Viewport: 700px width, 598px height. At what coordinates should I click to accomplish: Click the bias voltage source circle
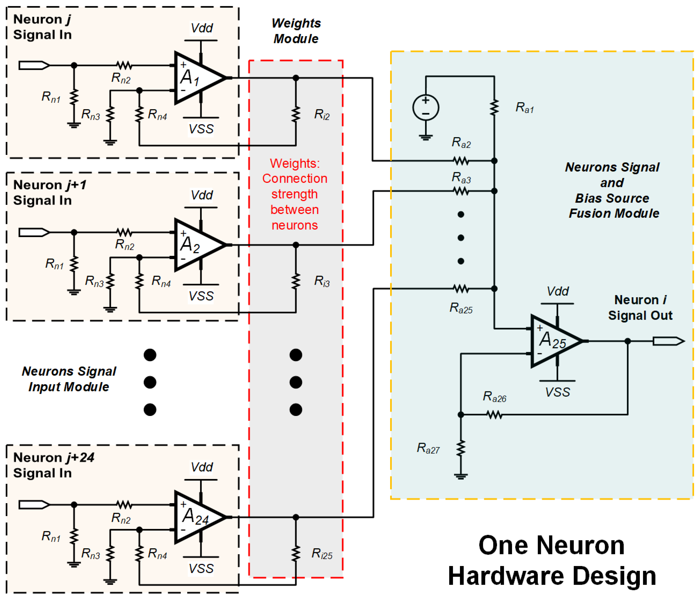coord(426,108)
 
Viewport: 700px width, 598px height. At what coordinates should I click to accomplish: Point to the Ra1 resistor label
coord(524,108)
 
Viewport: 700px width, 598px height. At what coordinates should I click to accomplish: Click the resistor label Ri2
coord(322,114)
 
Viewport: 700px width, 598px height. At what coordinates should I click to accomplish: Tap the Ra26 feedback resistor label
coord(494,397)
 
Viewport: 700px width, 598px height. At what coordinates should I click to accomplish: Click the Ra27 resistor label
coord(428,448)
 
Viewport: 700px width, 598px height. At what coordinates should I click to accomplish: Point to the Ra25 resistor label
coord(461,308)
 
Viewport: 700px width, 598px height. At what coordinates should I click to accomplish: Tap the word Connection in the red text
coord(295,178)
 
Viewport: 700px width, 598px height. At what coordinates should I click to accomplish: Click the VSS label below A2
coord(201,296)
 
